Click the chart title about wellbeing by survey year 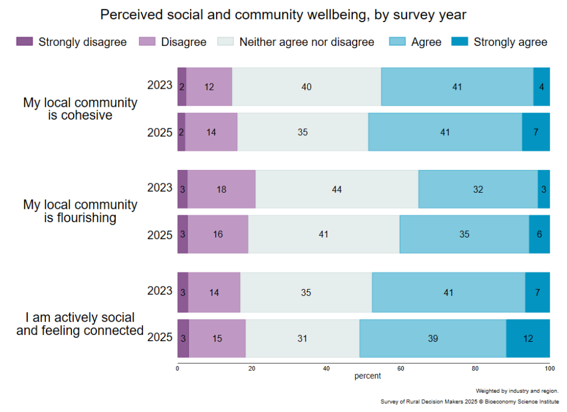click(x=283, y=15)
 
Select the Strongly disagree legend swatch click(x=25, y=42)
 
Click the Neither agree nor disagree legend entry click(x=306, y=42)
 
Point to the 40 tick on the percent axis click(x=326, y=368)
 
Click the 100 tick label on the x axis click(x=549, y=368)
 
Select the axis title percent click(x=368, y=376)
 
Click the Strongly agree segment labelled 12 click(x=528, y=338)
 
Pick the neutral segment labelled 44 click(x=337, y=189)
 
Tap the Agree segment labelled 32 click(x=478, y=189)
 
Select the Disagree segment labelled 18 click(x=221, y=189)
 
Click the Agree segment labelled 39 click(x=432, y=338)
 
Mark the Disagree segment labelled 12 click(x=209, y=87)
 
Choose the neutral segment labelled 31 click(x=302, y=338)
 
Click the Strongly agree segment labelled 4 click(x=542, y=87)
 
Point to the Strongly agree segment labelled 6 click(x=539, y=234)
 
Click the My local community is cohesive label click(x=80, y=109)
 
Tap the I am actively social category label click(x=80, y=324)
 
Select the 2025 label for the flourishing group click(x=160, y=235)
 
